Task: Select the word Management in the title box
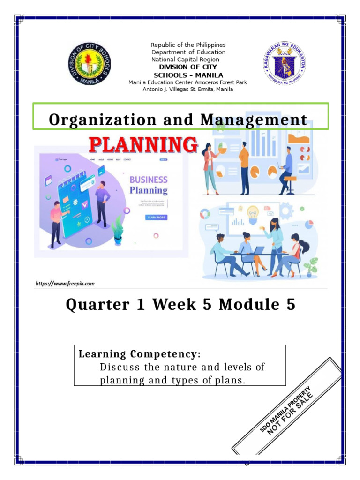point(254,120)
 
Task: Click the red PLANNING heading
point(143,145)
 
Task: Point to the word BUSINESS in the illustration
point(148,180)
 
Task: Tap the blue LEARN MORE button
point(157,217)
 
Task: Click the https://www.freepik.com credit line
point(65,283)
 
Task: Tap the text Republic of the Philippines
point(188,45)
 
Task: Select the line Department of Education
point(188,52)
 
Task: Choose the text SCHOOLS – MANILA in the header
point(188,75)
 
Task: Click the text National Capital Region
point(185,60)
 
